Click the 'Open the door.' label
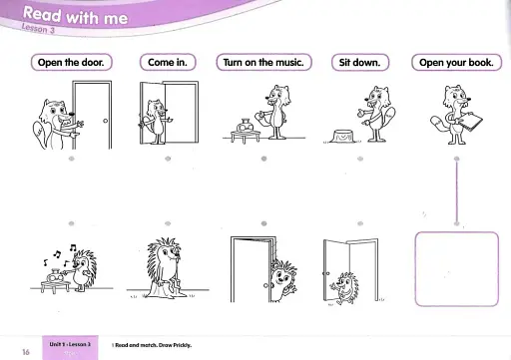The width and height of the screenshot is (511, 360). click(x=72, y=62)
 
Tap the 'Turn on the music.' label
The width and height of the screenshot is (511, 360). click(x=264, y=62)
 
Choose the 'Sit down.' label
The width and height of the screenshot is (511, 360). click(x=359, y=62)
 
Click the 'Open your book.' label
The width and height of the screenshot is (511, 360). click(x=456, y=62)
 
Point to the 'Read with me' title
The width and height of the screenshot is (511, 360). click(x=68, y=16)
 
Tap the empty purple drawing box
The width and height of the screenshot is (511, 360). click(x=455, y=267)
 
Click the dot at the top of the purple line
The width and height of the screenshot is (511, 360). click(x=456, y=159)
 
